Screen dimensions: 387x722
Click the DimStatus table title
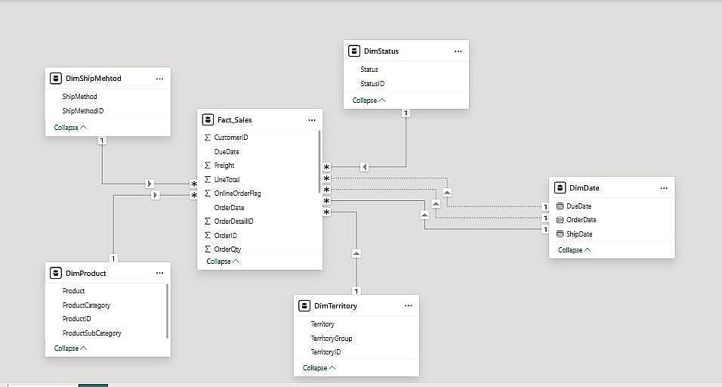pos(381,51)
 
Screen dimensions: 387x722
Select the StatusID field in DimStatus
pos(372,84)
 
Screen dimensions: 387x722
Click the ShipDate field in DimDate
pos(579,234)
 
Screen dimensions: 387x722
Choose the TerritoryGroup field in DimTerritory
pos(332,339)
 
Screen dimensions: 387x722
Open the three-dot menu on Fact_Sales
pos(312,120)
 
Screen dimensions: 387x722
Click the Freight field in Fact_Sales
pos(224,166)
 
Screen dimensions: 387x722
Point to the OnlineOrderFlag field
pos(237,193)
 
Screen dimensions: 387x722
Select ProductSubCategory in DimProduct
pos(91,333)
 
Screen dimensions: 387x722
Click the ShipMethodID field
pos(83,111)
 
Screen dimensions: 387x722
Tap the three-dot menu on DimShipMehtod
pos(159,79)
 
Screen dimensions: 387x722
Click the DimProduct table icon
pos(55,274)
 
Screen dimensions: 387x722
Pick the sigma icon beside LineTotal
pos(208,180)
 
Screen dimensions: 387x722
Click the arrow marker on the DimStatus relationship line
pos(364,166)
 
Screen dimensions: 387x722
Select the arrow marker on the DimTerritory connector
pos(356,254)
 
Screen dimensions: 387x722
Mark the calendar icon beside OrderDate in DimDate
pos(560,220)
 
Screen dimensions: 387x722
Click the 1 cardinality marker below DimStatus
pos(406,113)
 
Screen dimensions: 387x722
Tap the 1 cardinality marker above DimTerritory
pos(356,290)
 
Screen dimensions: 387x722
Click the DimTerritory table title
pos(335,306)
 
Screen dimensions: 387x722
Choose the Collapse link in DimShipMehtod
pos(70,128)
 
